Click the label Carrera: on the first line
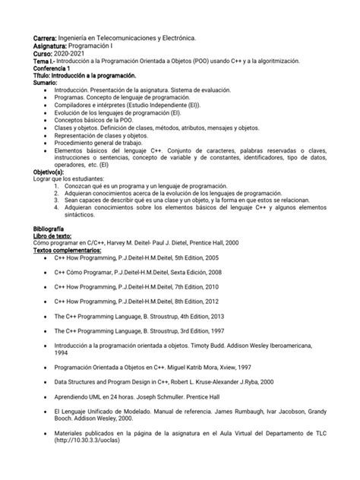pos(46,36)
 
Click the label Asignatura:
pos(51,46)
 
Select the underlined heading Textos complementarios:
pos(67,251)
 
